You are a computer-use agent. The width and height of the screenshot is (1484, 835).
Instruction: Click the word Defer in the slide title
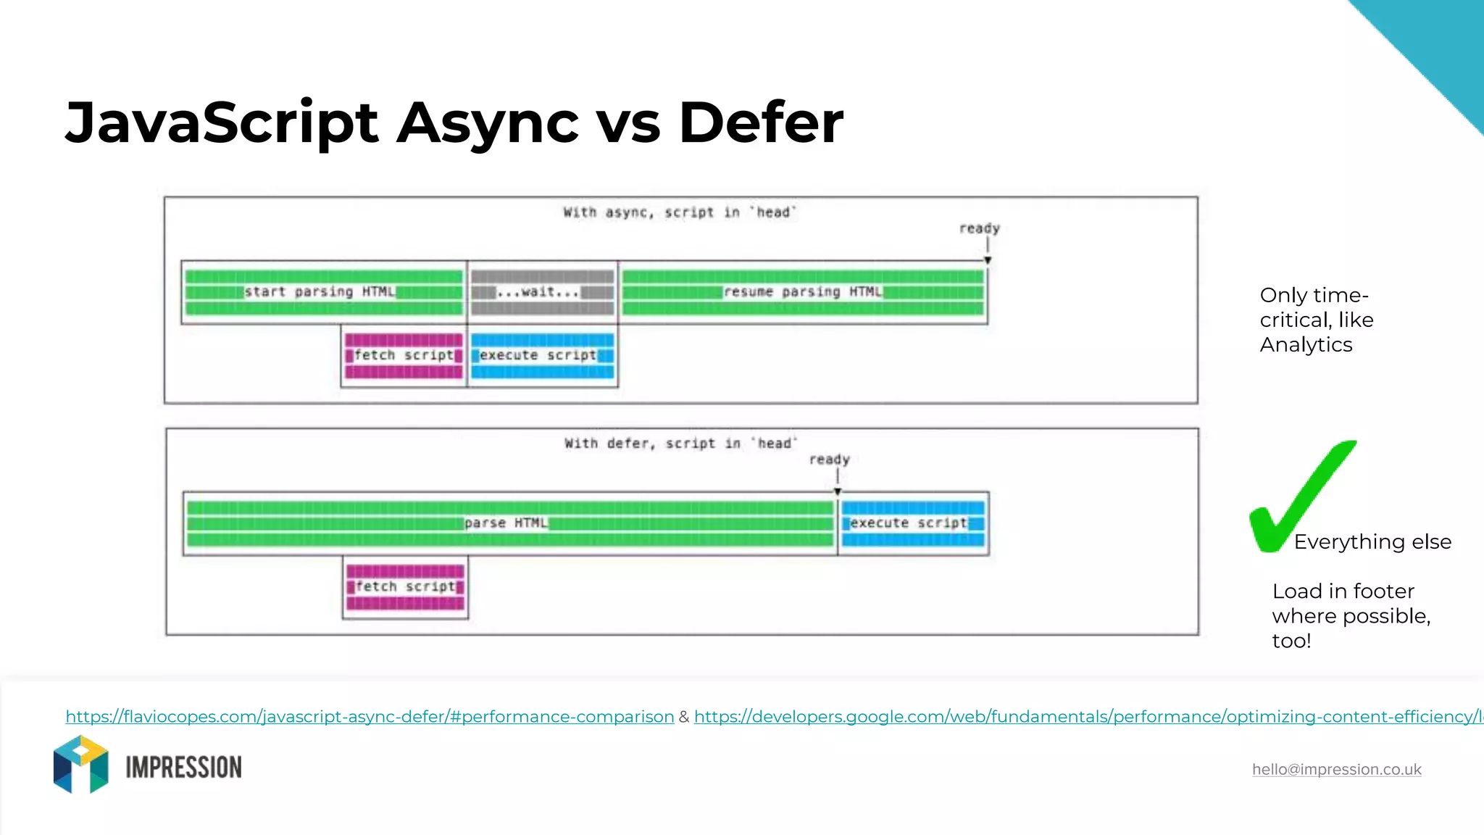(x=760, y=122)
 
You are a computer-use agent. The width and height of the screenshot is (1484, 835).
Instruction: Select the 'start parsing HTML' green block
(x=323, y=292)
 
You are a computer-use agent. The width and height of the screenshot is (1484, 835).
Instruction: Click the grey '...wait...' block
(x=542, y=292)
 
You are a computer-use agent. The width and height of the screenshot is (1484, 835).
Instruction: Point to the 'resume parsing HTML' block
(x=803, y=292)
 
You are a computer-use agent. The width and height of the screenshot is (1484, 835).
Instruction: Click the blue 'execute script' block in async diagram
(x=542, y=355)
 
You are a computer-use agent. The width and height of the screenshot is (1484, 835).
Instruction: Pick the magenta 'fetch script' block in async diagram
(x=404, y=355)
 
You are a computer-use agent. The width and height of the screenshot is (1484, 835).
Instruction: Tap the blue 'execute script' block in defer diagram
(x=913, y=523)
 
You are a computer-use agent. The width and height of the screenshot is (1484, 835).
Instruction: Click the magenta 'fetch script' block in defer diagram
(x=405, y=586)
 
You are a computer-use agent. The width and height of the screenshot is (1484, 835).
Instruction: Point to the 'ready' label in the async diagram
(x=979, y=228)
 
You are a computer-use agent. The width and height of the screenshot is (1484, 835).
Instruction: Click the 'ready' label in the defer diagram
(x=829, y=460)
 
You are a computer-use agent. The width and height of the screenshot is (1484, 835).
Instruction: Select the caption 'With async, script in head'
(x=680, y=212)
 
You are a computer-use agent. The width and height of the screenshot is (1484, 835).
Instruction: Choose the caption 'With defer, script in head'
(x=681, y=444)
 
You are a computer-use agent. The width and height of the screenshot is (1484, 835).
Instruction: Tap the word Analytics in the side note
(x=1306, y=345)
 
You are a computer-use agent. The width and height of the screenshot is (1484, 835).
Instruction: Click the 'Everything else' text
(x=1372, y=542)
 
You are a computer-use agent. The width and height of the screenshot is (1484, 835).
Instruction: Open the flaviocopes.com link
(x=370, y=717)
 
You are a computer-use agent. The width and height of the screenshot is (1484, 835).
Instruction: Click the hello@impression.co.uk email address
(x=1336, y=770)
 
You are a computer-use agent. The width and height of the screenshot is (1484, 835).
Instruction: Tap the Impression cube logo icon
(x=80, y=765)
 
